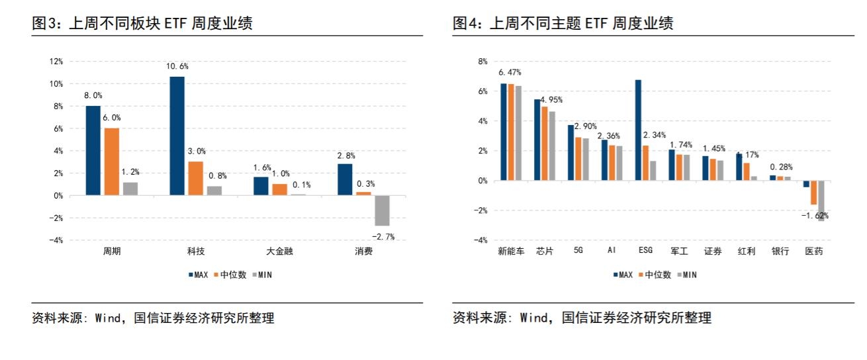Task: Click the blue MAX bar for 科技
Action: [177, 136]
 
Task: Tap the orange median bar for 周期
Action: [111, 161]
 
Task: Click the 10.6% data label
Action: [177, 66]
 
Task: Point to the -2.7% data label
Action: [382, 236]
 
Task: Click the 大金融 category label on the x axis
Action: [278, 251]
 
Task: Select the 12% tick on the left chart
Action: [56, 62]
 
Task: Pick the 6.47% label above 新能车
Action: [510, 72]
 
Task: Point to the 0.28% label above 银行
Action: [781, 167]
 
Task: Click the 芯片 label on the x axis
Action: [544, 251]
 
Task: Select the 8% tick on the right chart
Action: [482, 62]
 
